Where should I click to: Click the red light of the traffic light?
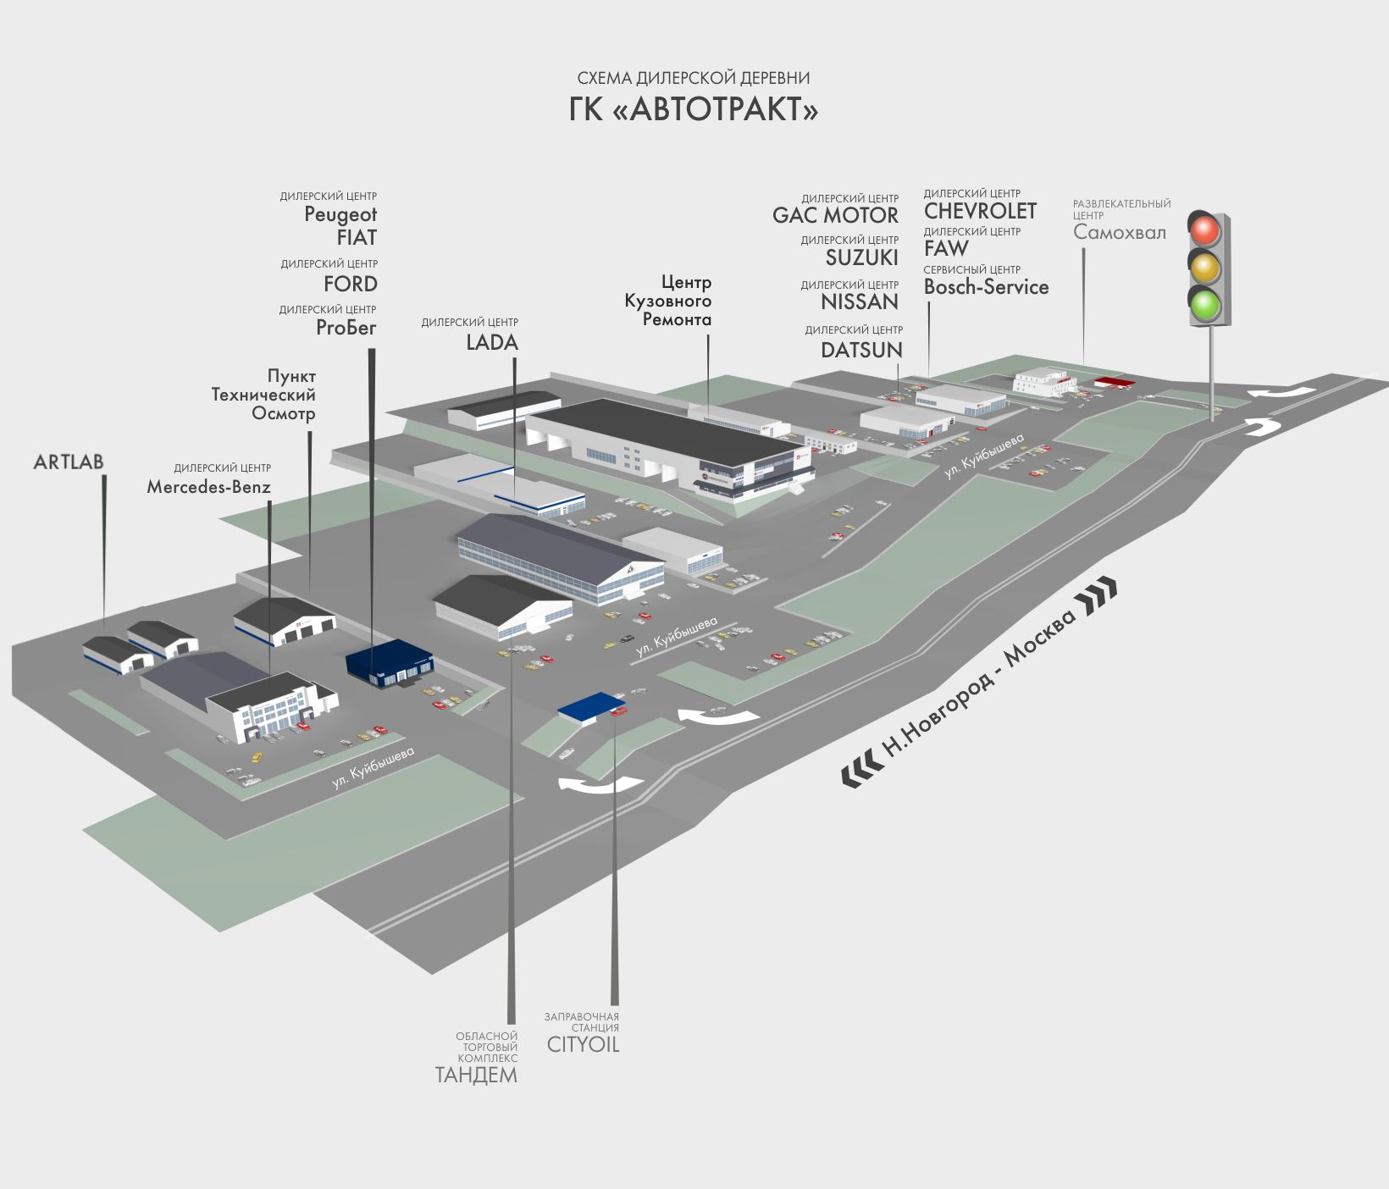point(1204,230)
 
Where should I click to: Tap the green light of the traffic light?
point(1204,304)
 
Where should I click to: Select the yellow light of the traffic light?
point(1204,267)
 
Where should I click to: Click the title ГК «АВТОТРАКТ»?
point(694,109)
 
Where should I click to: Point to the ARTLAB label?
point(69,462)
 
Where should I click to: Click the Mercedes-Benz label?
point(208,487)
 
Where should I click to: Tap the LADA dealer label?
point(492,342)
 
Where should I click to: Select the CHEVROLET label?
point(980,211)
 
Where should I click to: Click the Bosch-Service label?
point(986,287)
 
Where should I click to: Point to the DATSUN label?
point(861,349)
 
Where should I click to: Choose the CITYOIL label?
point(583,1044)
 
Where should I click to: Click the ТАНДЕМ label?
point(476,1075)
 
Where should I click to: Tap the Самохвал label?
point(1119,232)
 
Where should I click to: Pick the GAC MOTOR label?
point(835,215)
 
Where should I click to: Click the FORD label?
point(351,284)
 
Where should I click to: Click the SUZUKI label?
point(861,257)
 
